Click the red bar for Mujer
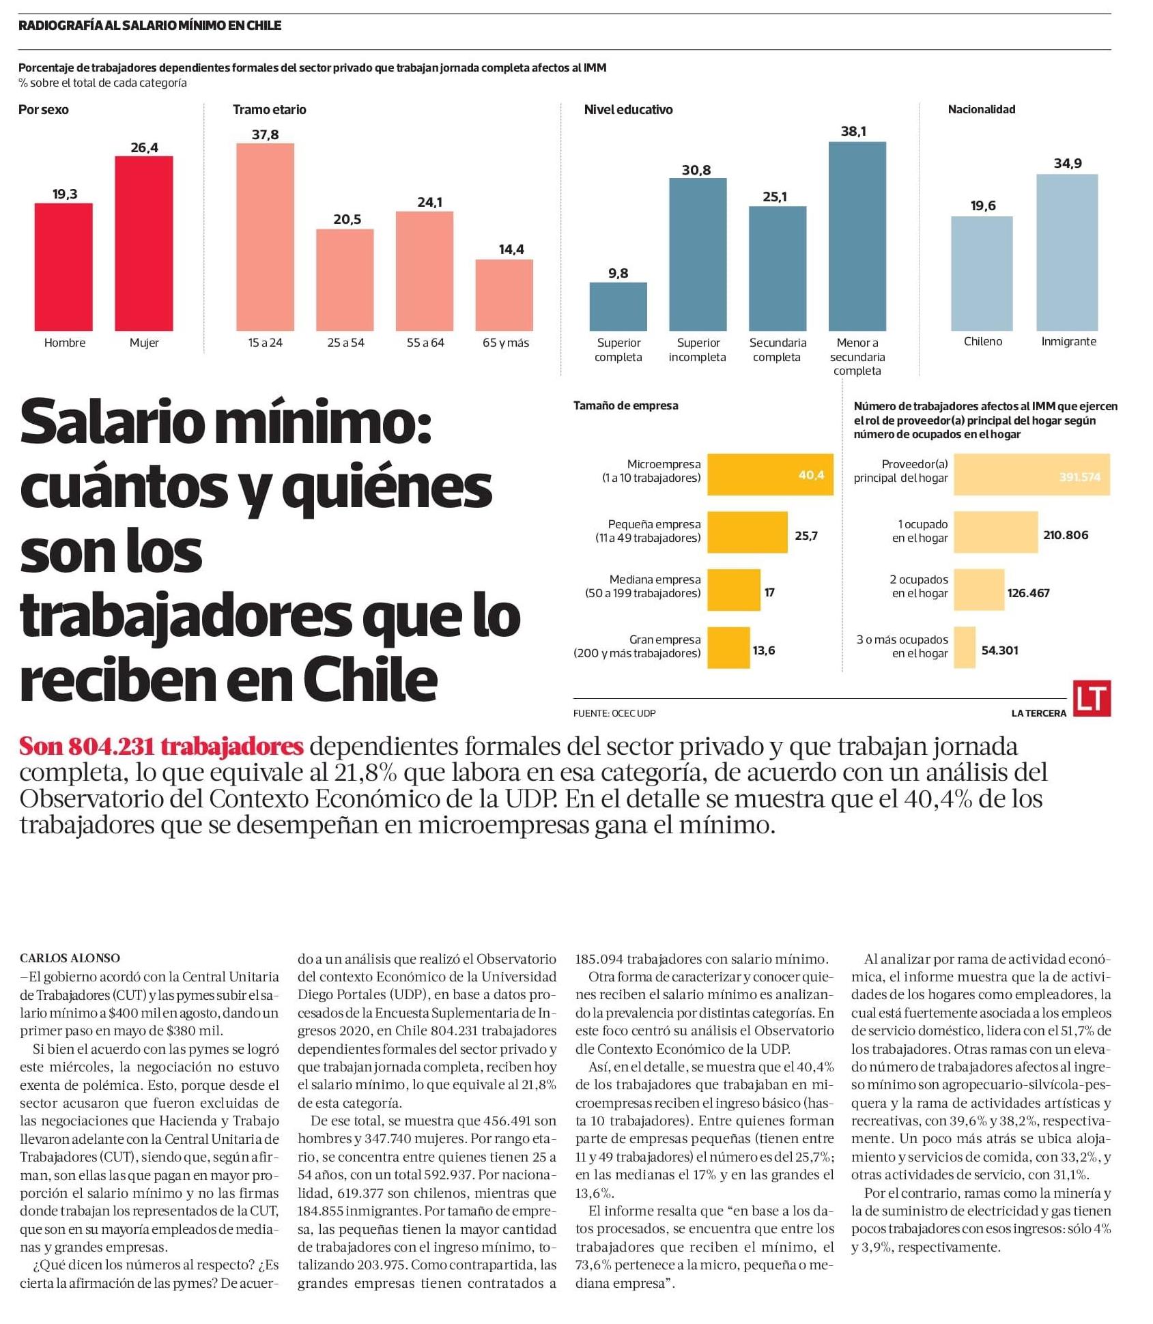pos(143,244)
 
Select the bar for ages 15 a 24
pos(265,237)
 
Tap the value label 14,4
pos(511,250)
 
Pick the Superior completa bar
pos(618,306)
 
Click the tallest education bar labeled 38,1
pos(857,236)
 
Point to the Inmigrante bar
pos(1066,253)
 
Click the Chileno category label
pos(982,342)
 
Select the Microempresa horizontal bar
pos(769,474)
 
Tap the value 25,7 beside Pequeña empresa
pos(806,536)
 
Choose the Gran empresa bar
pos(728,648)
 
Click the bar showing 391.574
pos(1031,474)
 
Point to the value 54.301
pos(999,650)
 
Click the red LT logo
pos(1091,698)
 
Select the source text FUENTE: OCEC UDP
pos(614,713)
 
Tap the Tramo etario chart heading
pos(269,110)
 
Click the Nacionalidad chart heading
pos(981,109)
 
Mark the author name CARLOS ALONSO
pos(70,958)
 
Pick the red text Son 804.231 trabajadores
pos(161,746)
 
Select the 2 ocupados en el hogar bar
pos(978,590)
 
